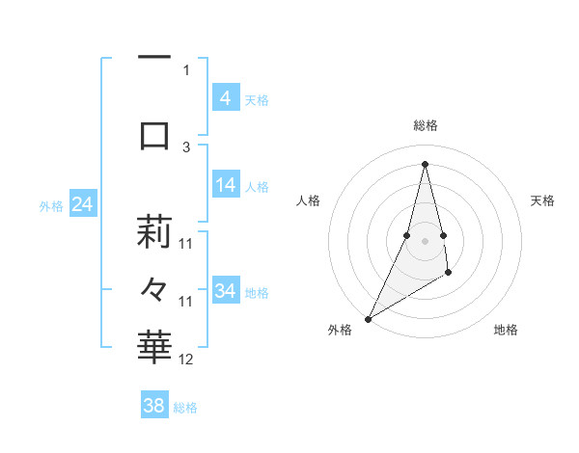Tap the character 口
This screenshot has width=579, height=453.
click(154, 135)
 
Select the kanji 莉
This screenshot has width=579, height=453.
click(154, 232)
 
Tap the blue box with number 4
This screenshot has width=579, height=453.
click(225, 98)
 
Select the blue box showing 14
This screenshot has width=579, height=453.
click(225, 186)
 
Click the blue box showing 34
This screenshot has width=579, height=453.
click(225, 291)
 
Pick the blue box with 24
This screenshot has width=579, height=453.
click(83, 204)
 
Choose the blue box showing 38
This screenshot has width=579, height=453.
click(154, 406)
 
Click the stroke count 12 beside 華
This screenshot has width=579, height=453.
click(186, 360)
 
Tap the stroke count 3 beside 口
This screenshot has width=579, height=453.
click(186, 147)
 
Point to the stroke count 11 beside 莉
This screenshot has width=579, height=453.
click(186, 243)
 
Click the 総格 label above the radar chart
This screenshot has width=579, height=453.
click(425, 125)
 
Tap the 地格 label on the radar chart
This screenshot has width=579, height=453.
click(506, 331)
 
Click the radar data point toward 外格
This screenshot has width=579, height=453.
click(368, 319)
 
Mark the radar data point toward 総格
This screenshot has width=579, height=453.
click(425, 163)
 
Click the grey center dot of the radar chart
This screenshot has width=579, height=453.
click(425, 241)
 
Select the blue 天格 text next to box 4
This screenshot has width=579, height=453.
click(257, 99)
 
